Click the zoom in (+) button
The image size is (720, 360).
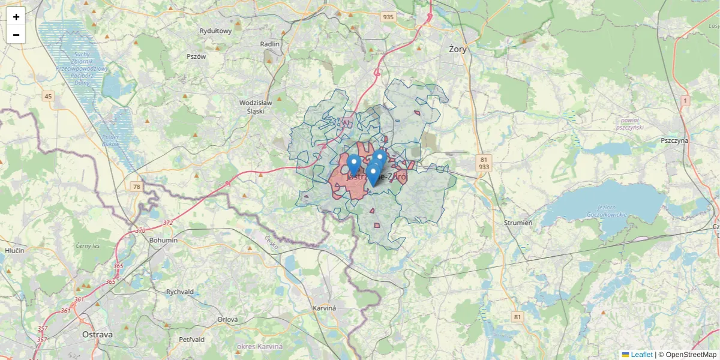point(16,17)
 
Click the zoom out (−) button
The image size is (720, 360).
point(16,35)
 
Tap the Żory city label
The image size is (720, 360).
point(458,49)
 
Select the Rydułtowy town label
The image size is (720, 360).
point(215,31)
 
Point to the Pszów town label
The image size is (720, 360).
point(196,56)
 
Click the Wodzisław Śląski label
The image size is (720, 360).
point(256,106)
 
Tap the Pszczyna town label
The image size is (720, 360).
point(674,140)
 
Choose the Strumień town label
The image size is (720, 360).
point(518,223)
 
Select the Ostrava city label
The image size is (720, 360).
point(97,334)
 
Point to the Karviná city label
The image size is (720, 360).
point(325,308)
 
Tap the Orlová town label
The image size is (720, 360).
point(228,320)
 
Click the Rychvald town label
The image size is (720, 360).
point(180,292)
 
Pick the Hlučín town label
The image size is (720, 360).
point(14,250)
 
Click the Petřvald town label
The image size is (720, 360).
point(192,340)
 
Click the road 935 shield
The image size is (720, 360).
point(388,17)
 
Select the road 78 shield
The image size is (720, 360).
point(137,187)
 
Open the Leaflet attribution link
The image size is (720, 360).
point(641,355)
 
